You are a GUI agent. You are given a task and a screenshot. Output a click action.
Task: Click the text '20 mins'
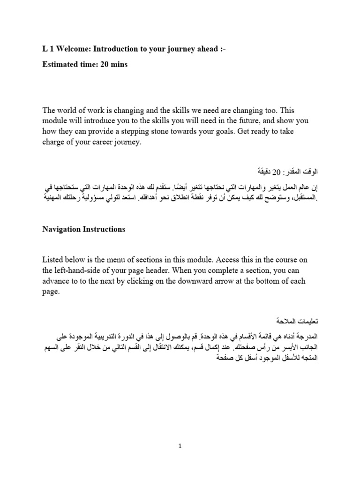(114, 65)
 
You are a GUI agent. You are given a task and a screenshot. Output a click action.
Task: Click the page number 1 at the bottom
(180, 447)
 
